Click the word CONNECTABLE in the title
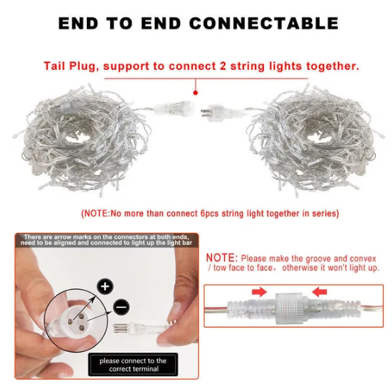pyautogui.click(x=264, y=23)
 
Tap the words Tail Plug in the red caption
pyautogui.click(x=70, y=66)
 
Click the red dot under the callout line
pyautogui.click(x=195, y=93)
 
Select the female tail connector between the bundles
pyautogui.click(x=174, y=108)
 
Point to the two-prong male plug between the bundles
pyautogui.click(x=220, y=113)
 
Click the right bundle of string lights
pyautogui.click(x=315, y=140)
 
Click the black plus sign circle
pyautogui.click(x=105, y=286)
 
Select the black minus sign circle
pyautogui.click(x=121, y=307)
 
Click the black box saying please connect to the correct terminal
pyautogui.click(x=133, y=364)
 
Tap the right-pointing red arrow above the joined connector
pyautogui.click(x=259, y=292)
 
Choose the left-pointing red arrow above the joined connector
pyautogui.click(x=320, y=292)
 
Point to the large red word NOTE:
pyautogui.click(x=222, y=258)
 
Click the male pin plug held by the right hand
pyautogui.click(x=140, y=327)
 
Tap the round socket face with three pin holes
pyautogui.click(x=76, y=319)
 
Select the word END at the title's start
pyautogui.click(x=78, y=23)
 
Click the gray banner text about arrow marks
pyautogui.click(x=106, y=240)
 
